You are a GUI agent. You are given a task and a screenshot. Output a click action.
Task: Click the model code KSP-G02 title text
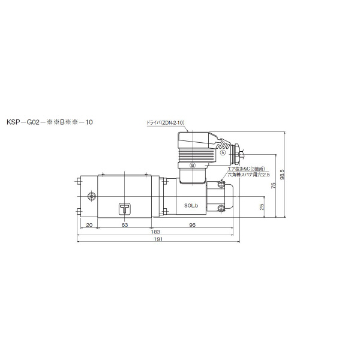[x=50, y=122]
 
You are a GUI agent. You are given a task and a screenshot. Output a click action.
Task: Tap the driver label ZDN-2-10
[x=166, y=123]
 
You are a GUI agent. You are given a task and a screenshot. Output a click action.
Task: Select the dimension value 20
[x=89, y=225]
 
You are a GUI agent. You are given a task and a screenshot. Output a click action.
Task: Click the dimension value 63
[x=124, y=225]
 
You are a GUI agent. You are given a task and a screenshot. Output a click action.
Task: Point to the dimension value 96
[x=192, y=225]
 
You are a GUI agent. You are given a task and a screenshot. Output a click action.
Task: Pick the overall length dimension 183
[x=155, y=232]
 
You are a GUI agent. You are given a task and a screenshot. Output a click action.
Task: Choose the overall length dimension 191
[x=158, y=239]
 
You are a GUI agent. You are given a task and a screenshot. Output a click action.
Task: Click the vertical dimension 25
[x=262, y=206]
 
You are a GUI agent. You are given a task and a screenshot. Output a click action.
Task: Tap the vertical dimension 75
[x=273, y=186]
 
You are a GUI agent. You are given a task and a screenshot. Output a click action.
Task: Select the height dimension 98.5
[x=282, y=175]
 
